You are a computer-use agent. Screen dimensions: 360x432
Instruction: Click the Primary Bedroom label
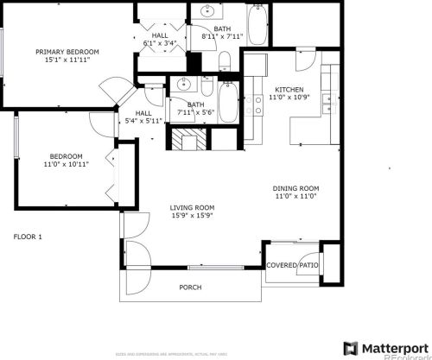point(67,52)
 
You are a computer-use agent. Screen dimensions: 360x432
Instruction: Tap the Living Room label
point(191,208)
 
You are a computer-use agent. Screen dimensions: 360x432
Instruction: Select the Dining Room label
point(296,188)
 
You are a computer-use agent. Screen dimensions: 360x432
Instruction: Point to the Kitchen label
point(289,90)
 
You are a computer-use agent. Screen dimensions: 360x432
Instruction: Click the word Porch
point(190,287)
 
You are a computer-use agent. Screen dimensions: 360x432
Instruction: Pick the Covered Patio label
point(292,266)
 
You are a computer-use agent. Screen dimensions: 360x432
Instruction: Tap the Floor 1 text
point(28,237)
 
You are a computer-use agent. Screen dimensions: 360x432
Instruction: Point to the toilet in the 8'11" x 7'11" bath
point(223,61)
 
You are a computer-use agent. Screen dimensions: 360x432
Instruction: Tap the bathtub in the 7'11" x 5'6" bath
point(228,102)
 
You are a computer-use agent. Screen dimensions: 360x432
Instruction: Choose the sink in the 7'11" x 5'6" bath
point(183,84)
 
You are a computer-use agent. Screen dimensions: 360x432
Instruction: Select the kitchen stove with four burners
point(259,105)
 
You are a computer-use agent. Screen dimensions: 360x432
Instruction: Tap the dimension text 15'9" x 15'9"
point(191,216)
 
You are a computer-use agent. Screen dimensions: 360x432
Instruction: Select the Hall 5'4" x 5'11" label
point(143,117)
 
